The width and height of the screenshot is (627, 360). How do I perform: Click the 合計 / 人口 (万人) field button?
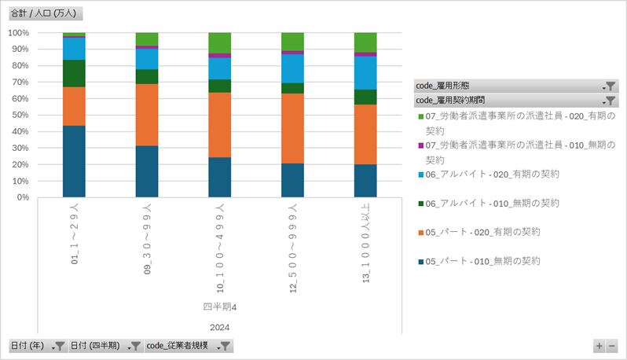click(x=46, y=13)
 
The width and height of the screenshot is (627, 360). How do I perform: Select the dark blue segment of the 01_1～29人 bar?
click(x=74, y=161)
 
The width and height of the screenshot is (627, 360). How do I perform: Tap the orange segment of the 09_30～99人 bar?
click(x=147, y=115)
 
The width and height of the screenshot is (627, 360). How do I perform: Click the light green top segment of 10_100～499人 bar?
click(x=220, y=42)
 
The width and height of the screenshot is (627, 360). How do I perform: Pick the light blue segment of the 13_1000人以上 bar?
click(x=365, y=72)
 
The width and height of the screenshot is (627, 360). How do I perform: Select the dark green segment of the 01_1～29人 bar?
click(x=74, y=73)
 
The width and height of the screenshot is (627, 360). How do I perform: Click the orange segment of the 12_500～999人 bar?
click(x=292, y=128)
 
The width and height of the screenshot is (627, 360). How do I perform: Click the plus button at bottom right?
click(x=599, y=346)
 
